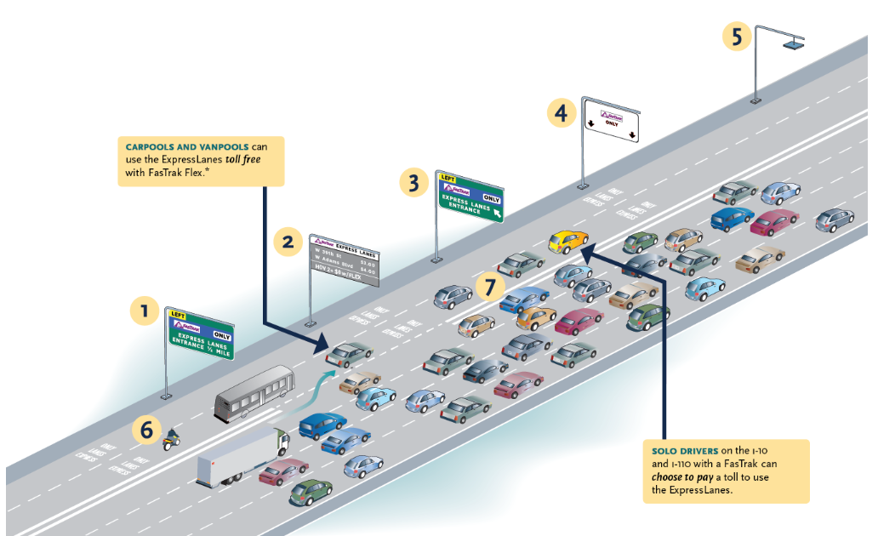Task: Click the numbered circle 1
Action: (x=145, y=311)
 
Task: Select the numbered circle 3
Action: (x=413, y=183)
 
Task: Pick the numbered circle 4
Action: (x=560, y=112)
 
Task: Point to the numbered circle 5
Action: (x=737, y=37)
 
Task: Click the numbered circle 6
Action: (x=146, y=431)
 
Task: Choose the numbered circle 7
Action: (x=489, y=287)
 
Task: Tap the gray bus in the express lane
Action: (x=254, y=392)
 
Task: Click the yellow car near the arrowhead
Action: (x=567, y=242)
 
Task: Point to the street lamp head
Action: (x=795, y=41)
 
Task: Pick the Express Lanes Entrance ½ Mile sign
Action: (x=200, y=333)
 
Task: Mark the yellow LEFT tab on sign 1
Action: (x=178, y=315)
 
